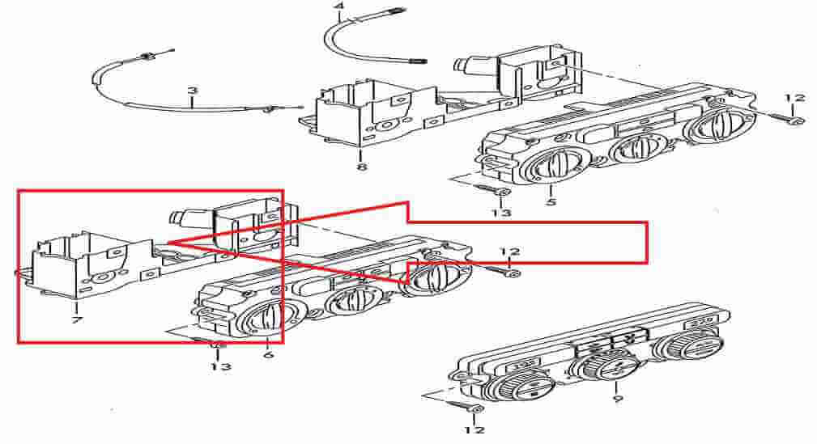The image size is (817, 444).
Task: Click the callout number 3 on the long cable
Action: point(193,91)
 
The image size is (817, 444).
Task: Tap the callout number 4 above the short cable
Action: point(339,6)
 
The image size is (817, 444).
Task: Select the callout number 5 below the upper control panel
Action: point(551,201)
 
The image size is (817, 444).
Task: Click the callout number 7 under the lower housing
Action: point(77,319)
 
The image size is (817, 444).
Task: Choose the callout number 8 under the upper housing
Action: point(362,167)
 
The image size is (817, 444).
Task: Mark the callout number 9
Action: point(618,399)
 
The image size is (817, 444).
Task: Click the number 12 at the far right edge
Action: point(794,97)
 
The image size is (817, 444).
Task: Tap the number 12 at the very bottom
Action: point(474,430)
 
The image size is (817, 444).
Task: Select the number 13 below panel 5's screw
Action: point(500,213)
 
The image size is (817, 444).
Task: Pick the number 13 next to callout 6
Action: point(220,366)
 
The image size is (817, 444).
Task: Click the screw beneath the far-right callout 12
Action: point(784,119)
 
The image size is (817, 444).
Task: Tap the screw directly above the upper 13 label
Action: point(492,190)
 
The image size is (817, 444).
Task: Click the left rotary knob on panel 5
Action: point(550,169)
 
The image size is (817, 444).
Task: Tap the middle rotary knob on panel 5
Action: point(636,148)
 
